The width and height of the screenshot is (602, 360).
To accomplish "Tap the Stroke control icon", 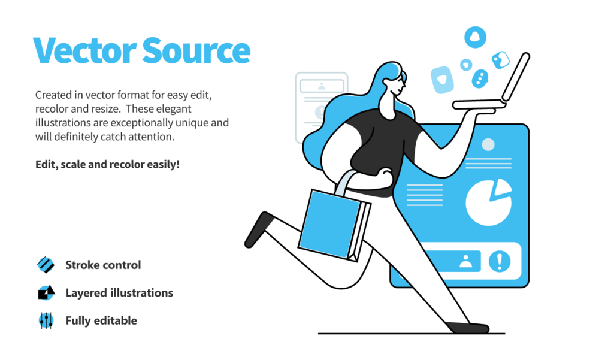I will click(x=46, y=264).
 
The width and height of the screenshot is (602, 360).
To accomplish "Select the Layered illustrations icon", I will click(x=46, y=292).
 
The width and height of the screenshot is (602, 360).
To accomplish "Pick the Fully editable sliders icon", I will click(x=46, y=320).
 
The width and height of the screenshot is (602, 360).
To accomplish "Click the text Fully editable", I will click(x=101, y=320).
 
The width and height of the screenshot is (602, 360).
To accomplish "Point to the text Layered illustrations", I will click(x=119, y=292).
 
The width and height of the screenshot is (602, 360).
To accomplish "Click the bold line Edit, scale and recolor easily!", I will click(x=107, y=163).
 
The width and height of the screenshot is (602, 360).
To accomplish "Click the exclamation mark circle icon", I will click(x=499, y=261).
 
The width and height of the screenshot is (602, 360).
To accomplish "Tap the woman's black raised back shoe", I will click(x=258, y=229).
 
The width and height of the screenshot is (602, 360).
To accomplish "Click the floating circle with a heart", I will click(x=475, y=37).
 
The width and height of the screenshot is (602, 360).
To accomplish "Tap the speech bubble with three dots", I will click(x=480, y=78).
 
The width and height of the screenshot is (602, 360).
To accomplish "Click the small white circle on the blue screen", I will click(x=488, y=144).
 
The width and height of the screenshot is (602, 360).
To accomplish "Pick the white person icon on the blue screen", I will click(x=465, y=261).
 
